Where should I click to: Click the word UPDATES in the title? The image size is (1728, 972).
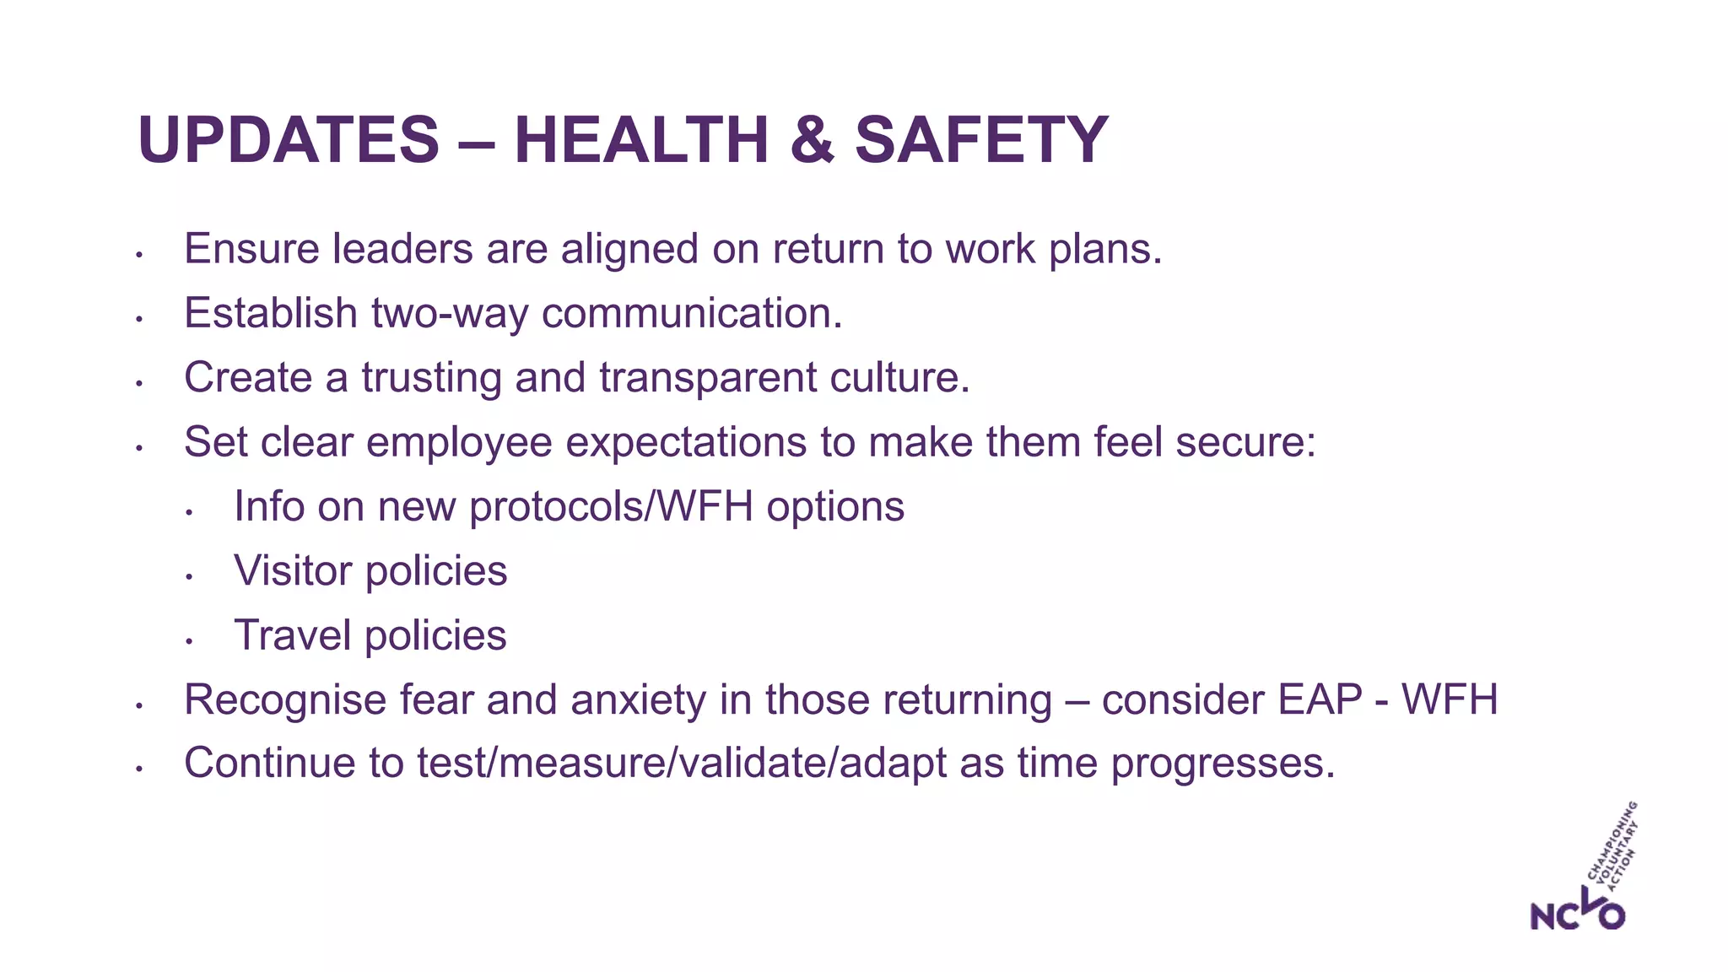(288, 140)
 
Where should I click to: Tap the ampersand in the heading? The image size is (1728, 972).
(812, 140)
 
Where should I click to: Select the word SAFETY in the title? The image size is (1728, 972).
(981, 140)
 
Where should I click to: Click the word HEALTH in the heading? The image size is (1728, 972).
(641, 140)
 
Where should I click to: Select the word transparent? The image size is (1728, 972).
(707, 377)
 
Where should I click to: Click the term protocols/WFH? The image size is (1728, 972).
(611, 507)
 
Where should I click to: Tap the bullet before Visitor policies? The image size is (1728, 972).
(190, 577)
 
